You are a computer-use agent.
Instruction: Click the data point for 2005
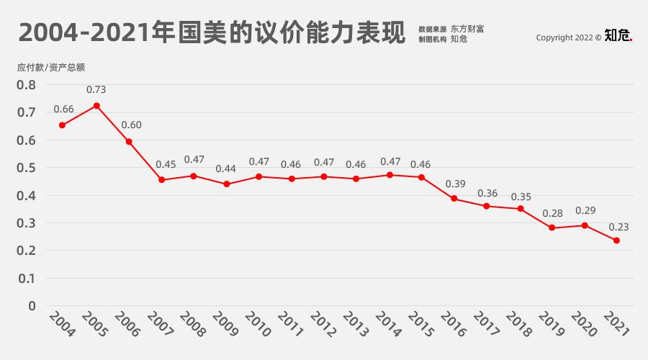coord(96,106)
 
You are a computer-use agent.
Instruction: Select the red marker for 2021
coord(616,240)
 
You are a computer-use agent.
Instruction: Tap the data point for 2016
coord(454,198)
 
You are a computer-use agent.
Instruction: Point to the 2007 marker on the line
coord(161,179)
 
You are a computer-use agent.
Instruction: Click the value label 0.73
coord(96,90)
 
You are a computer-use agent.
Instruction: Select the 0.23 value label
coord(618,227)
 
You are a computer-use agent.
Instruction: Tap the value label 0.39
coord(456,184)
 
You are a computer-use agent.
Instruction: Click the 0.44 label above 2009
coord(225,168)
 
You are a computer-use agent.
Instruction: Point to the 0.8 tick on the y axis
coord(27,85)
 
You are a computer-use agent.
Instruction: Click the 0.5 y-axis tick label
coord(27,168)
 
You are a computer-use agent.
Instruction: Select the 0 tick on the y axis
coord(31,306)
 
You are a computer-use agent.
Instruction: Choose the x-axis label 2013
coord(354,325)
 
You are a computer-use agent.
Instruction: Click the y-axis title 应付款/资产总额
coord(51,68)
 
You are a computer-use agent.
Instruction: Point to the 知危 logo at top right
coord(618,35)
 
